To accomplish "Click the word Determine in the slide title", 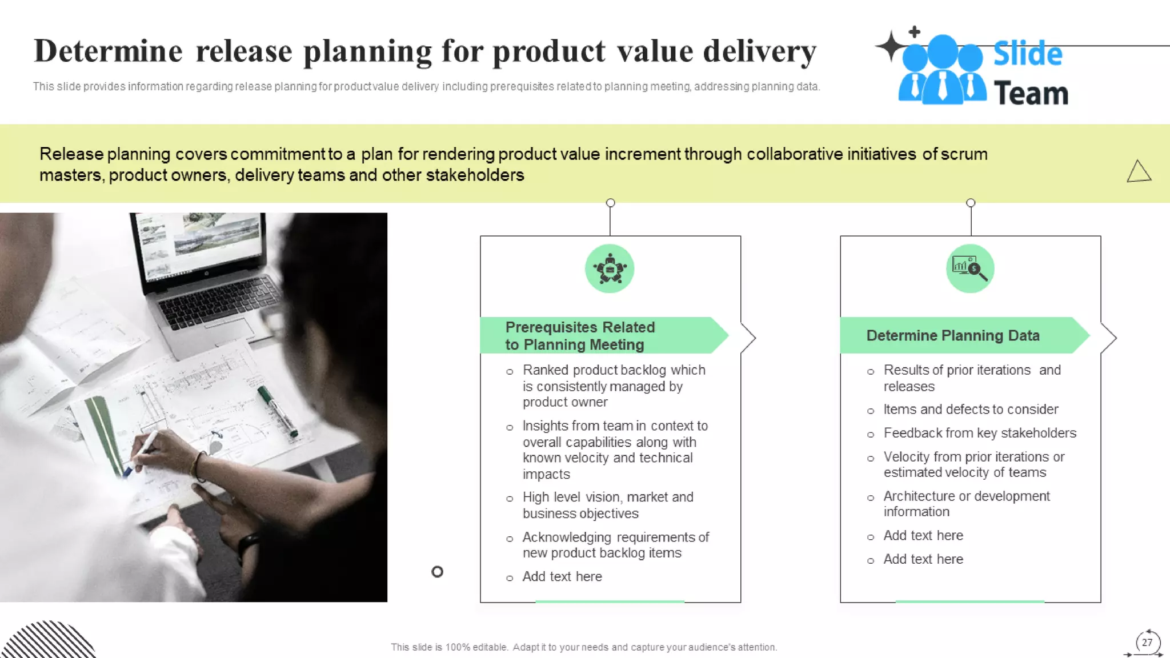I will (108, 51).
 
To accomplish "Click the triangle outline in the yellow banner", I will (1139, 171).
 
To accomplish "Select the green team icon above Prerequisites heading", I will (610, 268).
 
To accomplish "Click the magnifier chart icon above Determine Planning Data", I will (970, 268).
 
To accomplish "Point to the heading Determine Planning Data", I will (952, 335).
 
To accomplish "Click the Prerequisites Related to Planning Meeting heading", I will (579, 336).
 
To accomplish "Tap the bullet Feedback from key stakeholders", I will (979, 433).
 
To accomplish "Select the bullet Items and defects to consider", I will (970, 410).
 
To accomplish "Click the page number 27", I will (1147, 642).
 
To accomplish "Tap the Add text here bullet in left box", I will (562, 577).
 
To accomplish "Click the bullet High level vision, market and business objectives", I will (607, 505).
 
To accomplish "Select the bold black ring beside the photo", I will (437, 572).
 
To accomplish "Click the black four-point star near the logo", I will (890, 46).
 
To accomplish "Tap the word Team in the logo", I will (1031, 94).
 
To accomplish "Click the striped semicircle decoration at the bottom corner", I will (49, 641).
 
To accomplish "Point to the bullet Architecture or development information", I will (965, 504).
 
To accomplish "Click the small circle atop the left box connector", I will (610, 203).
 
